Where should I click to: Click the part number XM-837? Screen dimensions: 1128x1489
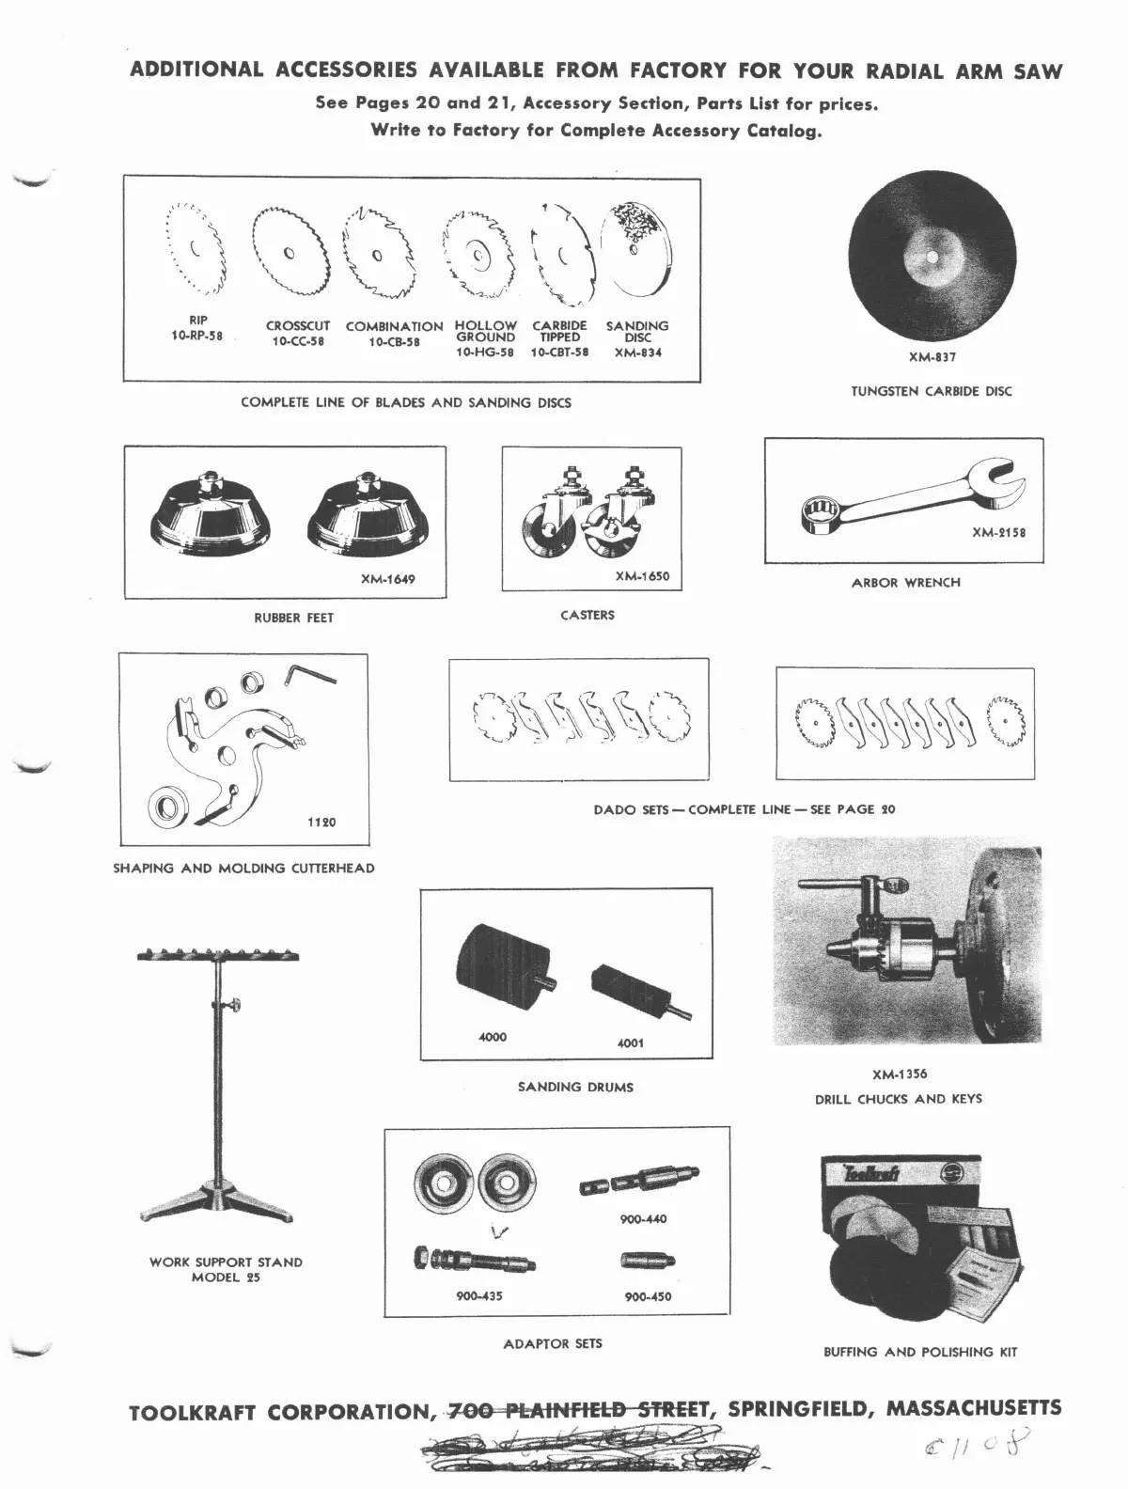[932, 357]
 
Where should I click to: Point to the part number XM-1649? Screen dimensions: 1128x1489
[387, 579]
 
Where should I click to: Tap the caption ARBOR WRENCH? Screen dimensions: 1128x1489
[905, 583]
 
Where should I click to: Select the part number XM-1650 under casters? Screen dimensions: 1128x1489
[642, 576]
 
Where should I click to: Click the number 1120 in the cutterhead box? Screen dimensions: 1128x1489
[321, 823]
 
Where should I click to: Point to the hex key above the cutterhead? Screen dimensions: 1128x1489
[309, 674]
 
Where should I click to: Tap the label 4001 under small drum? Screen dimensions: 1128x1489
[631, 1042]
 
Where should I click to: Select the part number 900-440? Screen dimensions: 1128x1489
[643, 1219]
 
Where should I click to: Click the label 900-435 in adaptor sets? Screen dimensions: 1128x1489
[479, 1296]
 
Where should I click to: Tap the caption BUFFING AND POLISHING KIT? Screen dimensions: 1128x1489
[919, 1352]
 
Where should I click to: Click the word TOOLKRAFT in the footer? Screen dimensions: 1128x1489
[196, 1413]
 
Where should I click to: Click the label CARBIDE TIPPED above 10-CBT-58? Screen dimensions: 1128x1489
[559, 331]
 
